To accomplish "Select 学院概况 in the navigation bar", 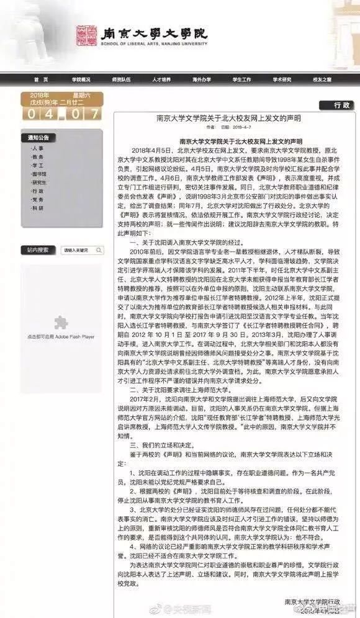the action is point(81,80).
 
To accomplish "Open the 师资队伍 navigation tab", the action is point(121,80).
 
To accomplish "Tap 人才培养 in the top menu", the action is point(161,80).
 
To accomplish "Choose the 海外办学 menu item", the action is point(202,80).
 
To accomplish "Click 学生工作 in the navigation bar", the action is point(241,80).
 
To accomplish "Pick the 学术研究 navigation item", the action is point(282,80).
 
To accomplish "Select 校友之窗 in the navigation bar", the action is point(322,80).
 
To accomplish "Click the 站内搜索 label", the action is point(37,250).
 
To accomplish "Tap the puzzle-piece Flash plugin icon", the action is point(60,322).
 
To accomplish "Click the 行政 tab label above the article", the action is point(342,105).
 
